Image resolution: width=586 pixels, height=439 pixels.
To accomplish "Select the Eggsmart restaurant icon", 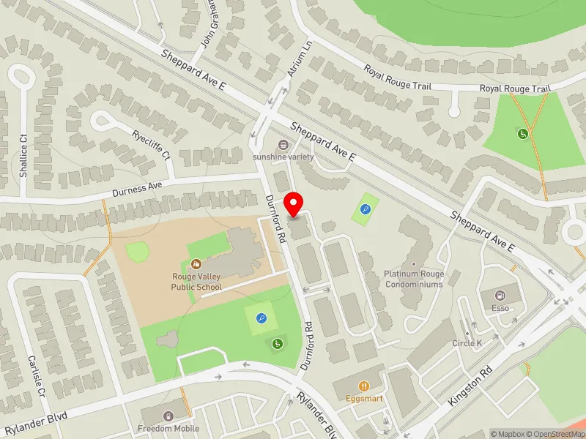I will [363, 386].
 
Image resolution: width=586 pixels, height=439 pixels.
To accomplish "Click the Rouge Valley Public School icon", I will [196, 263].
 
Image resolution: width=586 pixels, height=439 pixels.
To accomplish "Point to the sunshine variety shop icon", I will [283, 145].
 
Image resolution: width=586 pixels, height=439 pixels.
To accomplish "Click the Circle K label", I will [467, 342].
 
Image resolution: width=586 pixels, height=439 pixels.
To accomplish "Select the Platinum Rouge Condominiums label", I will [414, 279].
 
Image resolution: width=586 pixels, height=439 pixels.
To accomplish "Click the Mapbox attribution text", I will [507, 434].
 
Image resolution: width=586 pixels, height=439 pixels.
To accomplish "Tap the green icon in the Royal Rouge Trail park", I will [523, 134].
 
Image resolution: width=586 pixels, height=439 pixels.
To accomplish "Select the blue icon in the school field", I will [262, 318].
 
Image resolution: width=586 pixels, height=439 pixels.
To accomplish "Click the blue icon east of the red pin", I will [366, 209].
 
